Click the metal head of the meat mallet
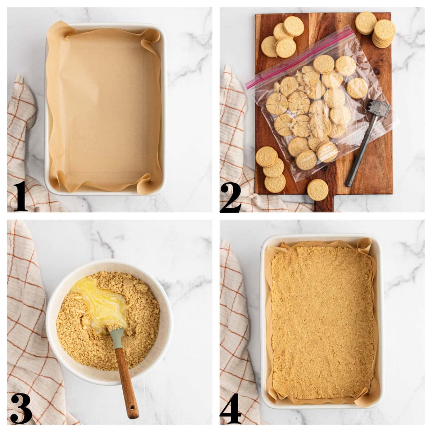click(x=379, y=109)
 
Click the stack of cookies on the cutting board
click(x=383, y=33)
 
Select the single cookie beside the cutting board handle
click(x=318, y=190)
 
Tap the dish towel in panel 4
click(x=238, y=336)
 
